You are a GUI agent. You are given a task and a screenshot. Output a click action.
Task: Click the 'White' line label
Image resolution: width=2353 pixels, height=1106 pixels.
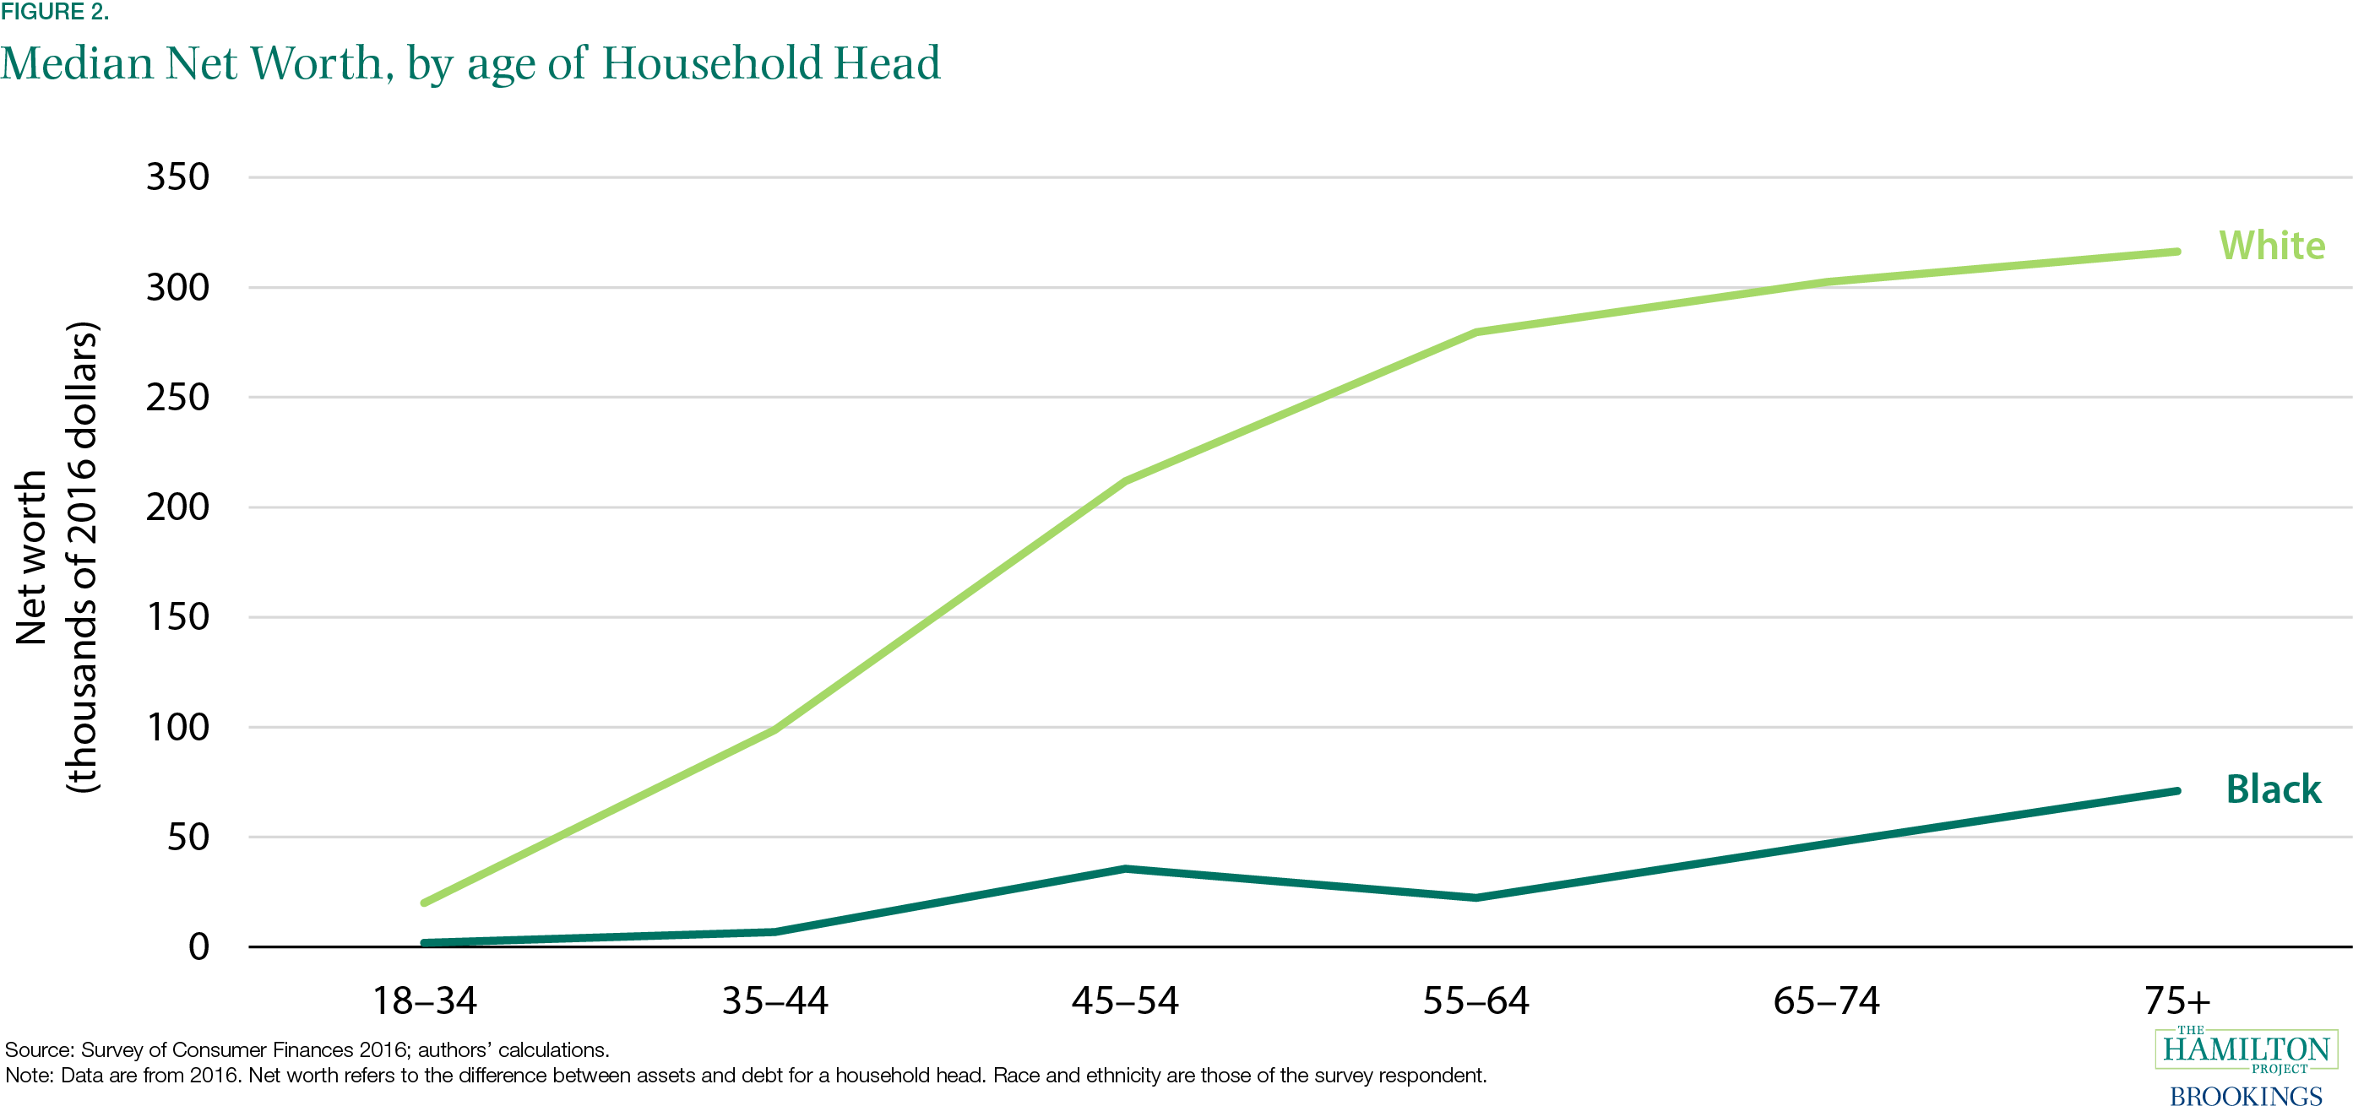(2272, 245)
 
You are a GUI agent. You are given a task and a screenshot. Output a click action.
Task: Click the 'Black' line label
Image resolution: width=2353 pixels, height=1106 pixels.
(2274, 789)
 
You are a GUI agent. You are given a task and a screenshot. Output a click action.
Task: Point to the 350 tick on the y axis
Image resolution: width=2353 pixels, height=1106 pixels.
(178, 177)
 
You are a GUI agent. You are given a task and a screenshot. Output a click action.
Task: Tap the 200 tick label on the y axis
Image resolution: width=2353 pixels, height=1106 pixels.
(178, 507)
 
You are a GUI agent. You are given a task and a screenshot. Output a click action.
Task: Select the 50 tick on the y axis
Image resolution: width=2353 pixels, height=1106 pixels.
(188, 837)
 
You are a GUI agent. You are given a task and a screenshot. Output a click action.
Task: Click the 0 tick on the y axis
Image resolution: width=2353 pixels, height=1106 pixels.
(199, 947)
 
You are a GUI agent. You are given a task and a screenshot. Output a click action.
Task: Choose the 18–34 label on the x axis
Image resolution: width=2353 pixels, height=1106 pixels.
(425, 1001)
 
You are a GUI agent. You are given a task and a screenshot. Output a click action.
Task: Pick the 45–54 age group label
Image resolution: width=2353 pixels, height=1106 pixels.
(1125, 1001)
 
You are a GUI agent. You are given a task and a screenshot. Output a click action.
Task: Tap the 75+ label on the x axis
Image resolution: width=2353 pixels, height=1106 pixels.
(2177, 1001)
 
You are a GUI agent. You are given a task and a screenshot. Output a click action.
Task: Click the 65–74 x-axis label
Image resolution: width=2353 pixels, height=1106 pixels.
(1827, 1001)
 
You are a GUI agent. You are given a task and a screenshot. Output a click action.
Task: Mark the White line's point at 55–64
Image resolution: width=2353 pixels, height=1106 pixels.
(1476, 333)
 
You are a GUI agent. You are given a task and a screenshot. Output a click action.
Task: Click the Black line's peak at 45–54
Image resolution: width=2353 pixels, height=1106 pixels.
(1125, 869)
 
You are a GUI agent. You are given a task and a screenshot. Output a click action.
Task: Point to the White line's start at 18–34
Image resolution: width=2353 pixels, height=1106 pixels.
(425, 903)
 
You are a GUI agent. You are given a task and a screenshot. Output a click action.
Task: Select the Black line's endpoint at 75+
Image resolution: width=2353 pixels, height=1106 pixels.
(2177, 791)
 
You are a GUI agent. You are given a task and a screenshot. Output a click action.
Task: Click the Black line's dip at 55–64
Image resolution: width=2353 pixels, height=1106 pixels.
(1476, 897)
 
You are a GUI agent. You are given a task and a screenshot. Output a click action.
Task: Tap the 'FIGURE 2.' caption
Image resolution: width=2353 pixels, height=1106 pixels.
(55, 12)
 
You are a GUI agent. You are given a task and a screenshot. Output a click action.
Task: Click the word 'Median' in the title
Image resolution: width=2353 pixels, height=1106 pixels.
(77, 63)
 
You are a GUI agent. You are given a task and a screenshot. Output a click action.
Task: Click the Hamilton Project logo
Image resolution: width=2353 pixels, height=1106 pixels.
(2246, 1050)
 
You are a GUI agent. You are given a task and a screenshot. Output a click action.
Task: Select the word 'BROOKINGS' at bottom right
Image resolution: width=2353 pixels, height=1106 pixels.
(2246, 1095)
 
